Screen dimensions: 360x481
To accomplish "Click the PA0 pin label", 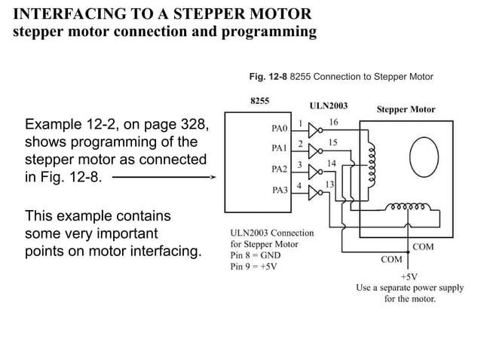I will [280, 128].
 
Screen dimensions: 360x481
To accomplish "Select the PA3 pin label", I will [280, 190].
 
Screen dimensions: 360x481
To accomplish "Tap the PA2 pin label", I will [280, 169].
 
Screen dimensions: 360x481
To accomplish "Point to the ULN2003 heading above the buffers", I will [328, 105].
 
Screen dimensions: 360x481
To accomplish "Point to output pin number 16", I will [333, 121].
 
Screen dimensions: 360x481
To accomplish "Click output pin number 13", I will [329, 184].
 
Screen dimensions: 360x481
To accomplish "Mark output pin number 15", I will [333, 142].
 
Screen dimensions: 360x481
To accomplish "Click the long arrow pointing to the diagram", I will [162, 178].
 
